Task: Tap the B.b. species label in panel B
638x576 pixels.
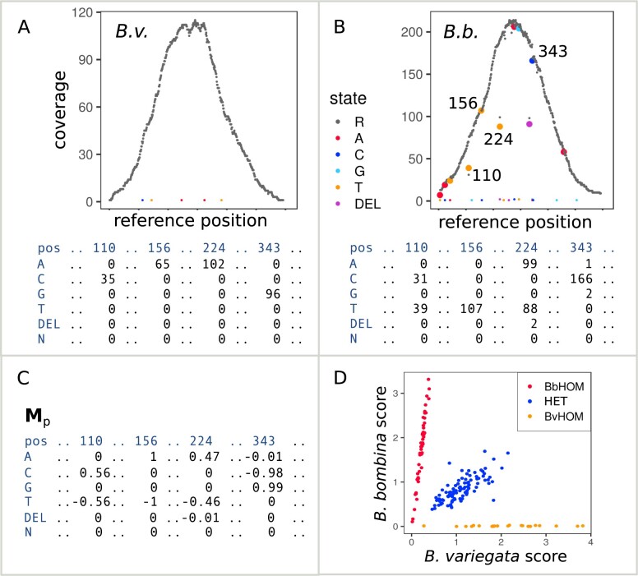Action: pyautogui.click(x=460, y=35)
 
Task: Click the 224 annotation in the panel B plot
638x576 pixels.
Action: pyautogui.click(x=499, y=138)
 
